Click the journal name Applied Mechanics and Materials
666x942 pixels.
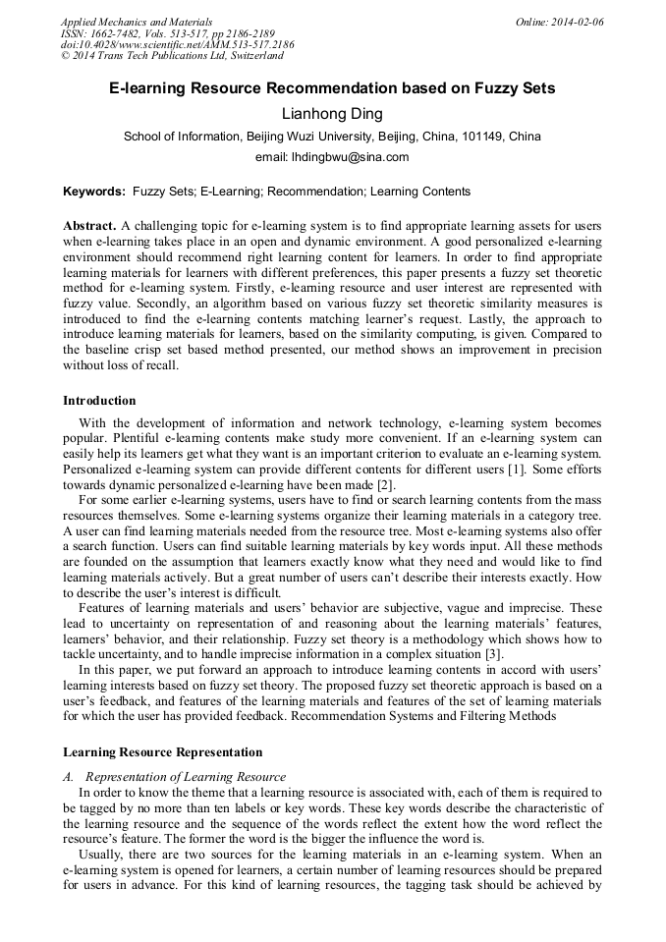pyautogui.click(x=136, y=22)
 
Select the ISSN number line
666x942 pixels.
pyautogui.click(x=166, y=33)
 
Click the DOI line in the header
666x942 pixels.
pyautogui.click(x=177, y=45)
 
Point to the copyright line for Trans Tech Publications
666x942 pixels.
pyautogui.click(x=172, y=57)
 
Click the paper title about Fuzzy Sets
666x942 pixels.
pyautogui.click(x=332, y=88)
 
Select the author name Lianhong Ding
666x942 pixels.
pyautogui.click(x=332, y=114)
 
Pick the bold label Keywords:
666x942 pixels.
pyautogui.click(x=94, y=192)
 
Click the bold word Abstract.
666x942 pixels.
pyautogui.click(x=89, y=226)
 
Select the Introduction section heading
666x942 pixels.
pyautogui.click(x=99, y=401)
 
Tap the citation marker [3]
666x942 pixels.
pyautogui.click(x=495, y=652)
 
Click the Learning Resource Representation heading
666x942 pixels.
pyautogui.click(x=162, y=752)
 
